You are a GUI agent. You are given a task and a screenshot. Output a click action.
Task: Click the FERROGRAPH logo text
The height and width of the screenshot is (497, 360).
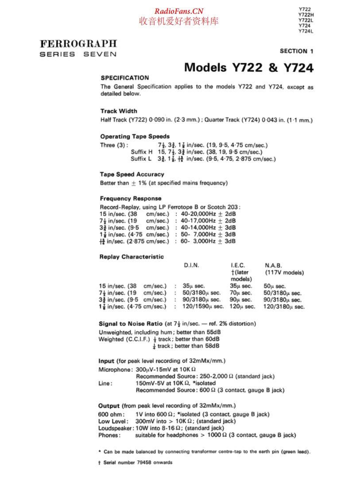click(x=78, y=43)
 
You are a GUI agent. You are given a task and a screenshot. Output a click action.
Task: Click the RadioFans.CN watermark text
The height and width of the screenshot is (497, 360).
click(x=179, y=12)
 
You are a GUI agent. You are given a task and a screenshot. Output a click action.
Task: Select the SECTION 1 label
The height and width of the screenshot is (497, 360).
click(x=296, y=51)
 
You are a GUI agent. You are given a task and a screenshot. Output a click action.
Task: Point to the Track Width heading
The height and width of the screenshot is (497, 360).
click(x=119, y=111)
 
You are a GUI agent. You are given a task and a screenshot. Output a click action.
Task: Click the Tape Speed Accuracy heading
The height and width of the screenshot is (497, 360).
click(x=132, y=175)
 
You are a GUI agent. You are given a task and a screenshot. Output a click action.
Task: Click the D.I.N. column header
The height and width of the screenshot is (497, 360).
click(x=191, y=265)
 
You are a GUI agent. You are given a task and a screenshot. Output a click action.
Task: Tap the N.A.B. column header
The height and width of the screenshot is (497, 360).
click(x=273, y=265)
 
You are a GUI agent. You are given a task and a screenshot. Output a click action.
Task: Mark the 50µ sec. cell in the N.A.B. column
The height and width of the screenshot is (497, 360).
click(x=275, y=286)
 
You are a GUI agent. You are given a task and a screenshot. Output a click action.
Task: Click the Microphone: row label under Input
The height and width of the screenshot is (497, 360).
click(x=115, y=369)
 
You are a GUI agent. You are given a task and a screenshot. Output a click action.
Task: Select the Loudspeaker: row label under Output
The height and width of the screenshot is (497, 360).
click(x=116, y=428)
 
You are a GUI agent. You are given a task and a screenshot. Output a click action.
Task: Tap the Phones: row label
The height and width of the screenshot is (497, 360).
click(x=109, y=435)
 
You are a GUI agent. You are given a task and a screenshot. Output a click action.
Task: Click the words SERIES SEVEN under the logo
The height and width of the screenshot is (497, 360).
click(x=78, y=54)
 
